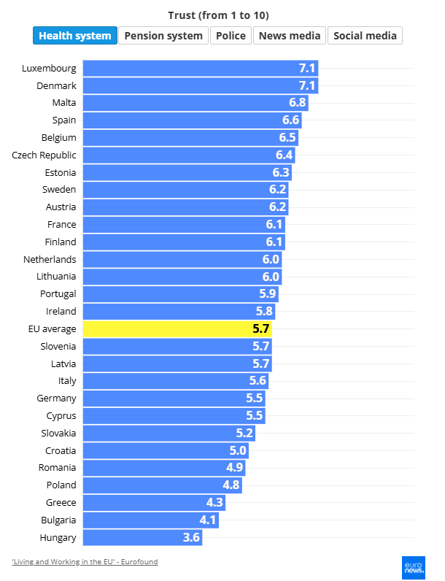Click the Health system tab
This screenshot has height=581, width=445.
75,36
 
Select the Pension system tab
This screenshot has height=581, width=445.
163,36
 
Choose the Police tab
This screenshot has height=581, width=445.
231,36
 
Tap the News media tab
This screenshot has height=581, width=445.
290,36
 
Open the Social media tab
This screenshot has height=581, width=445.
365,36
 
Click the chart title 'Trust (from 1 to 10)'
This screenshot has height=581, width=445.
222,15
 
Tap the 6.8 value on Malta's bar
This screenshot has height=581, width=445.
297,103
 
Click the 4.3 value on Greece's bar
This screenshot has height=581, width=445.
214,502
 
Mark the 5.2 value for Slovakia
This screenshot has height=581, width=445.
244,433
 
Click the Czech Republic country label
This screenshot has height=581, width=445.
44,155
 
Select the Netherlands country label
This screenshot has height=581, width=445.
50,259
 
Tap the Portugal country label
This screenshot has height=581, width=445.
58,294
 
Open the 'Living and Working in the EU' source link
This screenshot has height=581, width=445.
85,561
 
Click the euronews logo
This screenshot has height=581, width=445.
414,566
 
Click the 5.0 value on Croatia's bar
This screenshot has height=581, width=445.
239,450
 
